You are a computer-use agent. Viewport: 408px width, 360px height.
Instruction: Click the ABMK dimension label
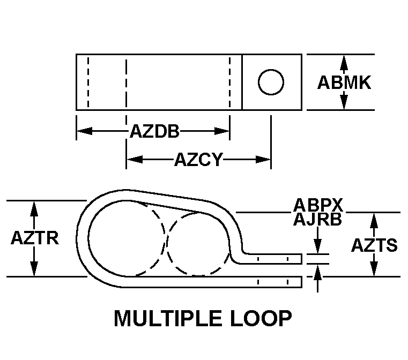click(344, 82)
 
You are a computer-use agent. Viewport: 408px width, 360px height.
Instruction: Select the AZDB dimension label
click(154, 131)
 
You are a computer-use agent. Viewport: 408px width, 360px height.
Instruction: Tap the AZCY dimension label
click(198, 159)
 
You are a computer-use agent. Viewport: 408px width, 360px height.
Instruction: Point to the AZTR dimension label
click(35, 237)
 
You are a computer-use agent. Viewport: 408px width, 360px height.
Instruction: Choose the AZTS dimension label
click(374, 245)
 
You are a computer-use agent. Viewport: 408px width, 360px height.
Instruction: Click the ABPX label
click(318, 205)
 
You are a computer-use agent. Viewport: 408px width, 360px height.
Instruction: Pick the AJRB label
click(317, 220)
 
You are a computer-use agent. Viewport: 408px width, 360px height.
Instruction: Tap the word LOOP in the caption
click(261, 318)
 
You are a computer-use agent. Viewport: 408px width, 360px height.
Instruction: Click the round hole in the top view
click(271, 82)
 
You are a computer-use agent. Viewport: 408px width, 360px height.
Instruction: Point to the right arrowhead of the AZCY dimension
click(263, 159)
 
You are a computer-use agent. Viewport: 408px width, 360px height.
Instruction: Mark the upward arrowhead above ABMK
click(344, 63)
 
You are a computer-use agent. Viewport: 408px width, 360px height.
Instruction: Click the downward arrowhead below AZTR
click(34, 269)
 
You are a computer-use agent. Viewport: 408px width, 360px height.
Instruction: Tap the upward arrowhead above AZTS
click(374, 221)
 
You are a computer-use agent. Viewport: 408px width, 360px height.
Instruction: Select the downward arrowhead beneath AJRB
click(317, 246)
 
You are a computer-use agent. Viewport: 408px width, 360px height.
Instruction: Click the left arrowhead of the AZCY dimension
click(135, 159)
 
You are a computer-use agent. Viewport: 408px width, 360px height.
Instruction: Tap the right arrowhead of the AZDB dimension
click(222, 131)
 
